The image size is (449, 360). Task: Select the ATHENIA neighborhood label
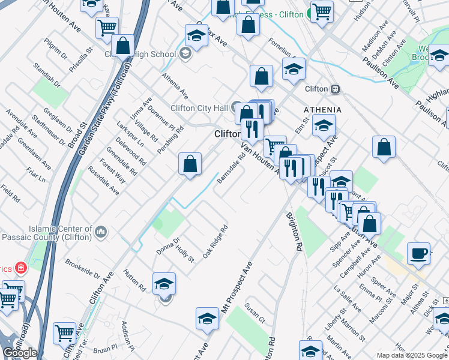pos(322,110)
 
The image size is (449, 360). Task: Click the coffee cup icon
pos(418,253)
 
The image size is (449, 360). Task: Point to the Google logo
pos(20,353)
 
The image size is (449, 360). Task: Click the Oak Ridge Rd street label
pos(215,242)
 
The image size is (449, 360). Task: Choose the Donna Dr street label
pos(168,245)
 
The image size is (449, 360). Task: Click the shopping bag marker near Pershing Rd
pos(190,164)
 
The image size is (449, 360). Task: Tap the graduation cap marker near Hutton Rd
pos(164,283)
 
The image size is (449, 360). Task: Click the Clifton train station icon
pos(336,89)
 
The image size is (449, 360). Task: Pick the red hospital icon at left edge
pos(21,267)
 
